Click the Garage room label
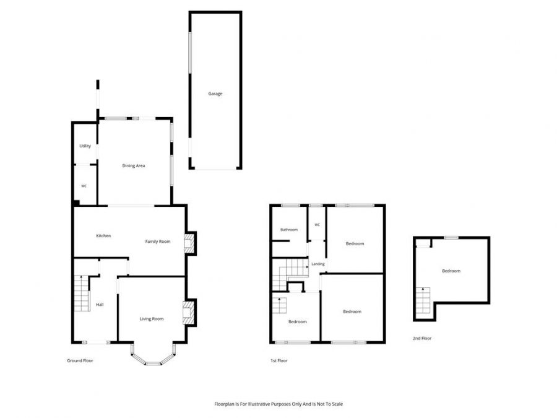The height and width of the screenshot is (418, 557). coord(215,94)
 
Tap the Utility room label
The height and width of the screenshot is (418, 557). coord(85,146)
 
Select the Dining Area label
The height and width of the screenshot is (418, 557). coord(134,165)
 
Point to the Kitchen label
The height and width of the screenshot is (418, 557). coord(103,236)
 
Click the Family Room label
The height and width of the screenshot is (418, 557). coord(158,242)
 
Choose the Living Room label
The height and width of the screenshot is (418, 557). coord(152,319)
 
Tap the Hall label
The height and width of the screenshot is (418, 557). coord(100,305)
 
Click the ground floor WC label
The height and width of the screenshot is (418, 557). coord(84,186)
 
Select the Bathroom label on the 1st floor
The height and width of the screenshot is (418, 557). coord(289,230)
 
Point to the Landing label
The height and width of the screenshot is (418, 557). coord(318,264)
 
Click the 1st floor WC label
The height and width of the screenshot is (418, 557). coord(317,225)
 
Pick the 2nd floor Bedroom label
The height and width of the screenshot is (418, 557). coord(451,271)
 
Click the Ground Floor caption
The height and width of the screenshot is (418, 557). coord(80,361)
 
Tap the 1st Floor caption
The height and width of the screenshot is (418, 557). coord(279,361)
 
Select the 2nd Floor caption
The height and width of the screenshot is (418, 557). coord(422,338)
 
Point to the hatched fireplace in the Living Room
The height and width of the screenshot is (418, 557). coord(189,313)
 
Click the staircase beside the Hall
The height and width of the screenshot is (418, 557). coord(82,294)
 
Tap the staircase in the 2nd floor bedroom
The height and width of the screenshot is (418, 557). coord(423,300)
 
